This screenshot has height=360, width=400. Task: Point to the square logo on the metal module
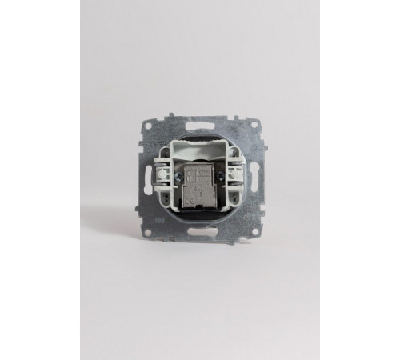point(189,171)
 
